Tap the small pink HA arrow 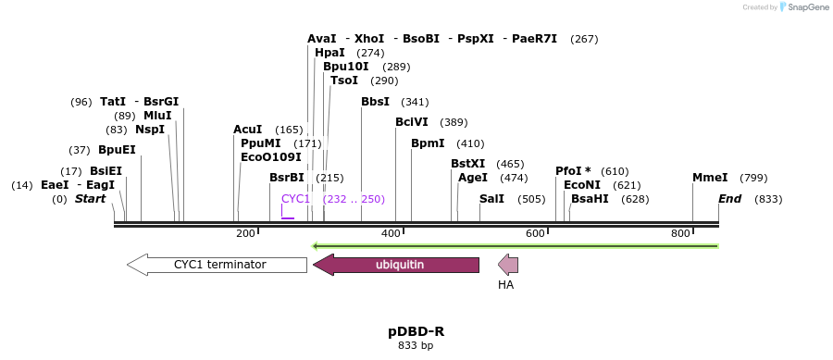point(508,265)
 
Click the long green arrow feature point(516,246)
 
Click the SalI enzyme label point(491,199)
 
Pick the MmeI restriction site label point(710,178)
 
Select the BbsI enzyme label point(375,102)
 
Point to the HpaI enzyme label point(329,54)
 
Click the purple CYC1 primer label point(296,199)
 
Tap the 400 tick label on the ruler point(391,233)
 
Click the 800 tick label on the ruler point(680,233)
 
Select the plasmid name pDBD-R point(416,331)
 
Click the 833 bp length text point(416,346)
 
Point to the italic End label point(729,199)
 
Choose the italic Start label point(90,199)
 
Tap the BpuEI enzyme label point(117,150)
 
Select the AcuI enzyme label point(247,130)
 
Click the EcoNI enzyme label point(581,185)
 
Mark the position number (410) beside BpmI point(470,143)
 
